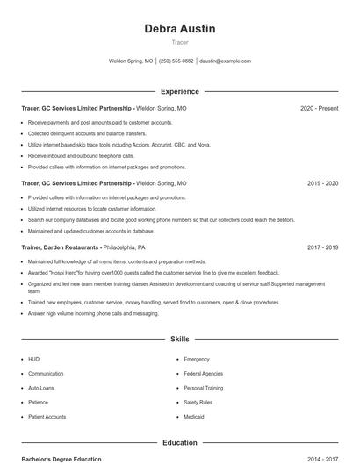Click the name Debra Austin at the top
[179, 29]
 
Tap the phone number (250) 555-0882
[176, 61]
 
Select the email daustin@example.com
[226, 61]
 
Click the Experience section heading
[179, 91]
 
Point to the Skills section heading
[179, 339]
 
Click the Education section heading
[179, 443]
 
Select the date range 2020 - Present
[319, 108]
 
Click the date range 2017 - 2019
[322, 248]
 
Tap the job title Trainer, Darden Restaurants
[60, 248]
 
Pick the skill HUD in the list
[33, 359]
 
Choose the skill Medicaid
[193, 417]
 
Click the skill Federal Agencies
[204, 374]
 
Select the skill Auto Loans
[40, 388]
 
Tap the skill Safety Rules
[198, 403]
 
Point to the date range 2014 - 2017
[322, 459]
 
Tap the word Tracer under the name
[179, 42]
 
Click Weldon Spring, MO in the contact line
[131, 61]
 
